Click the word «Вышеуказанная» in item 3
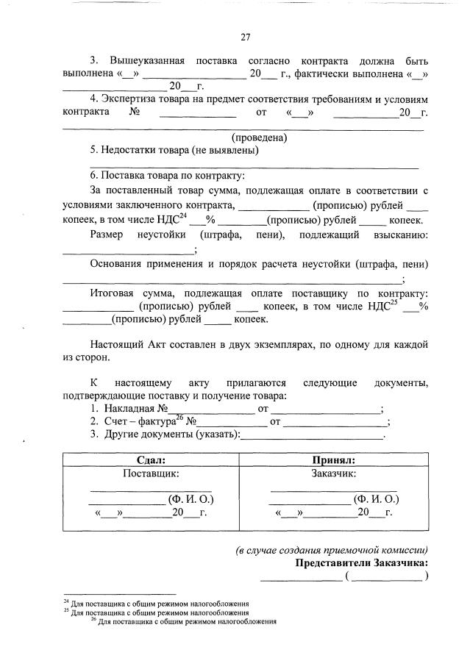[146, 60]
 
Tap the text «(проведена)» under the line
[259, 137]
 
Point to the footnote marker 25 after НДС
[394, 301]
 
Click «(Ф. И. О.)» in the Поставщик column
[191, 500]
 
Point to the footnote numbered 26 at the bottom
[183, 621]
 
